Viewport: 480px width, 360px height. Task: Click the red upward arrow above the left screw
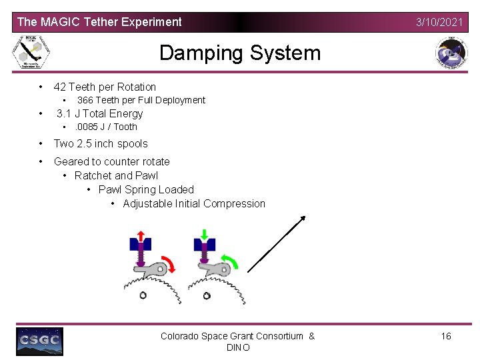point(141,235)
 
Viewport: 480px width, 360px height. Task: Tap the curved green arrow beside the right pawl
point(229,264)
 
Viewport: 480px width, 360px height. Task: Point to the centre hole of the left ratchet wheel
point(143,295)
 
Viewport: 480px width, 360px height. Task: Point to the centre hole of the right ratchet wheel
point(207,295)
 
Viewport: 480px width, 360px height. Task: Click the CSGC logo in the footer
point(40,341)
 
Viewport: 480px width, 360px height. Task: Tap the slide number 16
point(446,336)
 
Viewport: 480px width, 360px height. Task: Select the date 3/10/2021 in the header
point(439,22)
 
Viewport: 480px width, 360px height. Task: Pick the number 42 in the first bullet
point(60,87)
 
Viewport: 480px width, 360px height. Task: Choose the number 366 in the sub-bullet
point(85,100)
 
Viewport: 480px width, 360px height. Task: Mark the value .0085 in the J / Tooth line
point(86,127)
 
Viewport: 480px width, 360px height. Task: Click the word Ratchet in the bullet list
point(93,175)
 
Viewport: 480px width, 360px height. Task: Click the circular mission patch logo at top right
point(451,53)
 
